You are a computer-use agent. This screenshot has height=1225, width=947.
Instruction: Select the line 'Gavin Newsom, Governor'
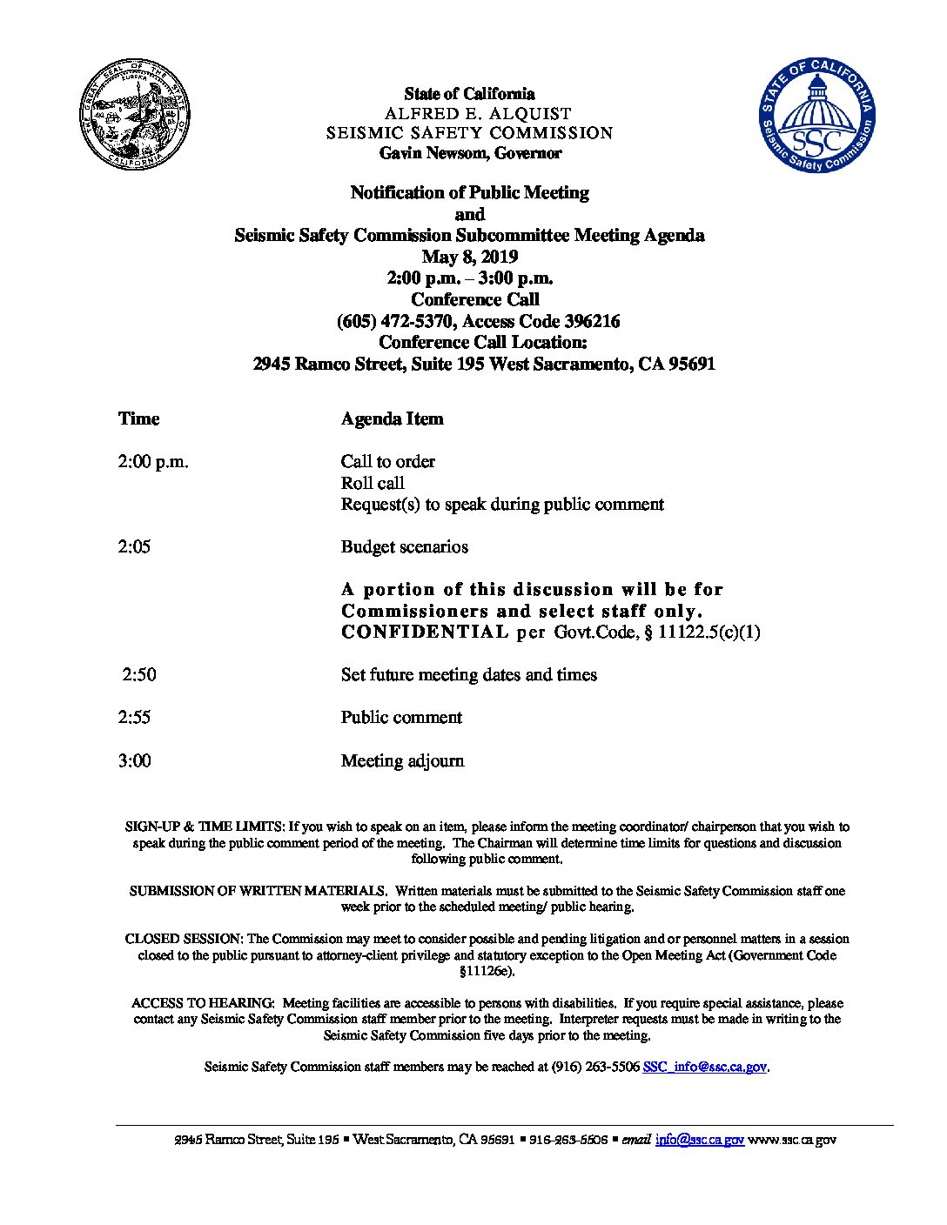(x=470, y=153)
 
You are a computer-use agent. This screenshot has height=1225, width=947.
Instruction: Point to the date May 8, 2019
(x=470, y=257)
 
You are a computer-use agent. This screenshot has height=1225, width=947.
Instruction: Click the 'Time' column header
(x=139, y=418)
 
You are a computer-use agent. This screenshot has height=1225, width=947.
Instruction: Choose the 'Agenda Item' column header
(x=392, y=418)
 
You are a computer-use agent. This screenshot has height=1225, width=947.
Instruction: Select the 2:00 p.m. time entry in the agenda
(x=153, y=462)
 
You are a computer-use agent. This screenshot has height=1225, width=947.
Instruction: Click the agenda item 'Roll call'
(x=373, y=483)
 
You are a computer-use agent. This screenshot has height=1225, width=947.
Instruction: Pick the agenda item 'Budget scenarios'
(x=405, y=547)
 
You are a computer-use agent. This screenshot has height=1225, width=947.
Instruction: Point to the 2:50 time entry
(x=139, y=675)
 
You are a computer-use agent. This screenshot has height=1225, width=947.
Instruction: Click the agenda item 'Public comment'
(x=401, y=718)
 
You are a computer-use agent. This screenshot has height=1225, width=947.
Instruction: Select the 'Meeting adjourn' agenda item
(x=402, y=761)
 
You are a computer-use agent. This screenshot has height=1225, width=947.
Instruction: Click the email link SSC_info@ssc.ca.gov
(x=705, y=1067)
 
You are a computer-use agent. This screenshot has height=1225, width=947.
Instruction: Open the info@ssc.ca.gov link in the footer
(x=700, y=1140)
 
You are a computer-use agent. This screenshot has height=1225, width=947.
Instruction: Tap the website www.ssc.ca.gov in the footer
(x=792, y=1140)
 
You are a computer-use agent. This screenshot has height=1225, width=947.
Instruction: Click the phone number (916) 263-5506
(x=595, y=1067)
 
